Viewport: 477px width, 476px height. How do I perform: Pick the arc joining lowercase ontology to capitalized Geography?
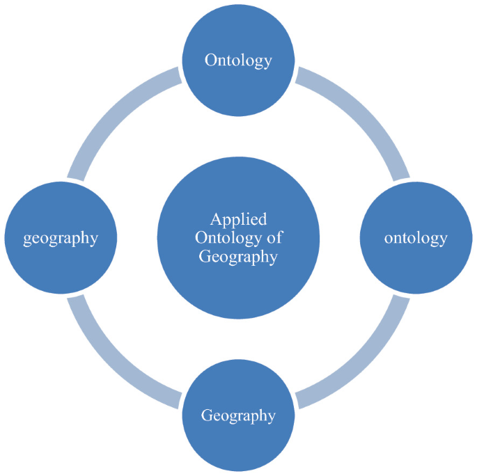point(362,363)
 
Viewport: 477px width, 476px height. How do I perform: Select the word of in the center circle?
point(274,238)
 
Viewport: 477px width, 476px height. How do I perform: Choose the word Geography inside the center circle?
point(238,257)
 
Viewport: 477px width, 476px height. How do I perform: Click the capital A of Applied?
point(216,219)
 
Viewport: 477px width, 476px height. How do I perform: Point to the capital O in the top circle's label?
point(210,60)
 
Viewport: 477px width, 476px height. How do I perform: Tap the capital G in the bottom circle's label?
point(207,415)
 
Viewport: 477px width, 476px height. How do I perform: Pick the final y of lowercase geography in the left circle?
point(93,240)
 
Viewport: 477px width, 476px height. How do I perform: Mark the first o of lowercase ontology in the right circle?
point(388,239)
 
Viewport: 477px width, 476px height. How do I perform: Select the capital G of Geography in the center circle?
point(204,256)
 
